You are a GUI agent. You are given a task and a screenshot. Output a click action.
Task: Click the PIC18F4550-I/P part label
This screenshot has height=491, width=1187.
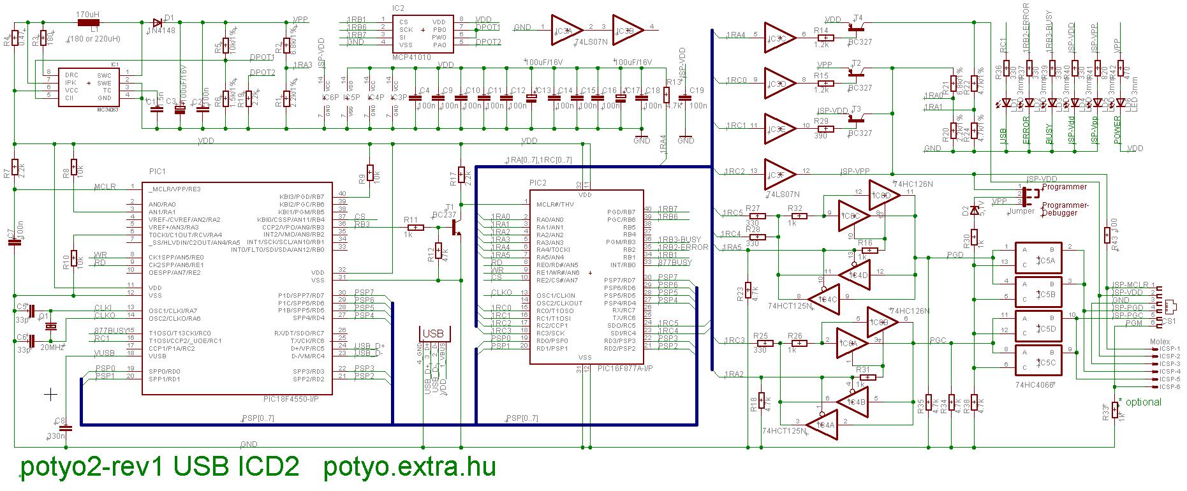pyautogui.click(x=290, y=399)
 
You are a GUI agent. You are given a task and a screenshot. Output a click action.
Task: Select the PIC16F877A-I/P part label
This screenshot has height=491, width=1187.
pyautogui.click(x=625, y=369)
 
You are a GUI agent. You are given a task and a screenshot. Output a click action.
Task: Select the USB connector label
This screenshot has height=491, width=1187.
pyautogui.click(x=433, y=333)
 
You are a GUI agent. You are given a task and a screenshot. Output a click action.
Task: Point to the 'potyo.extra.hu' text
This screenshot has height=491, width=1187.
pyautogui.click(x=409, y=468)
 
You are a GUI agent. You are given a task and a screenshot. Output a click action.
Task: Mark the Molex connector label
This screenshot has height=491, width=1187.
pyautogui.click(x=1160, y=342)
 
